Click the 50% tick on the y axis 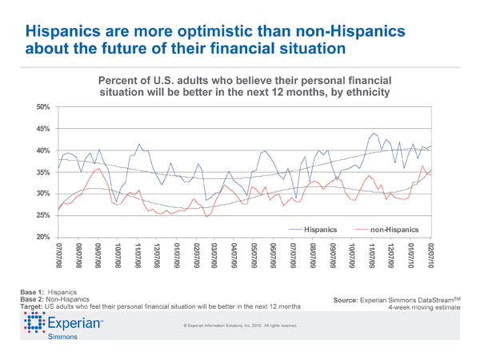click(42, 106)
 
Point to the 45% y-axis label click(42, 128)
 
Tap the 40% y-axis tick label click(42, 150)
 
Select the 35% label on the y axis click(42, 172)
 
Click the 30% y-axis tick click(42, 194)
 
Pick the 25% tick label click(42, 215)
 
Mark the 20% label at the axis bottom click(42, 237)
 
